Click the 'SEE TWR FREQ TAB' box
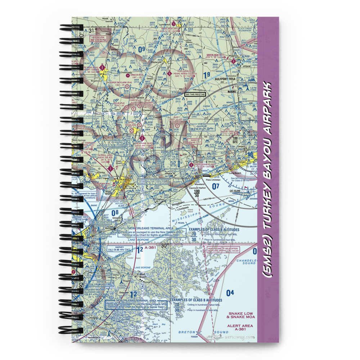click(195, 94)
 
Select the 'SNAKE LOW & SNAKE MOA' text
click(240, 315)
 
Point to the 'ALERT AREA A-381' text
click(240, 328)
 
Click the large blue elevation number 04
click(230, 293)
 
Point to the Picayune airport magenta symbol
click(143, 138)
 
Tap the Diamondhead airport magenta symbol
click(200, 167)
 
